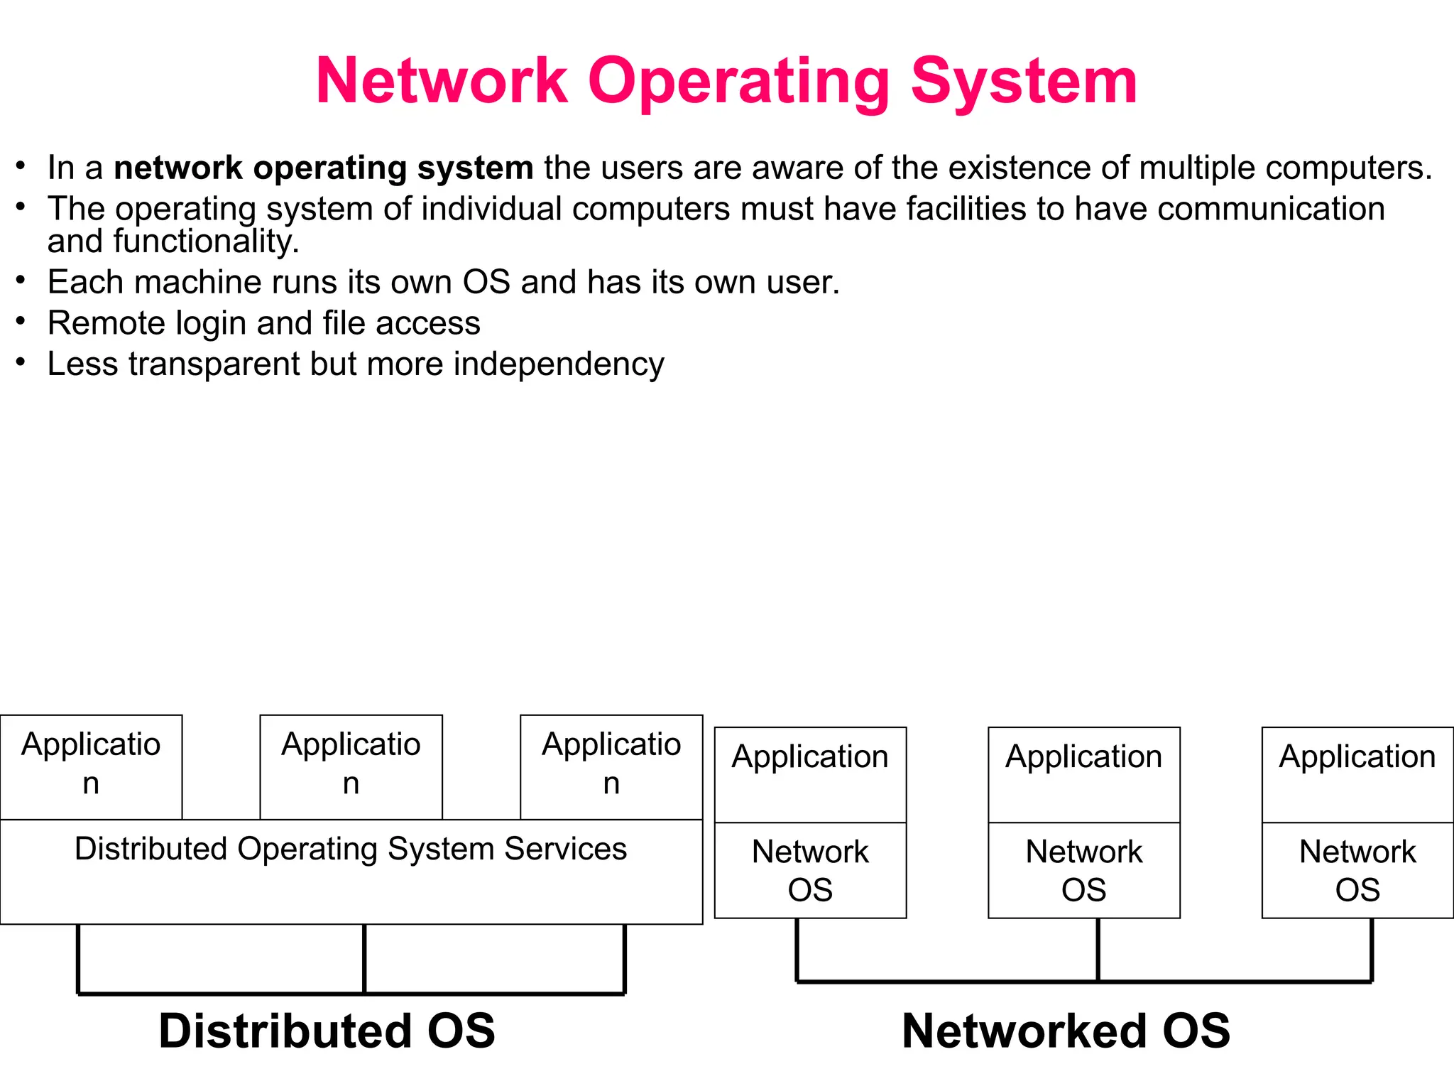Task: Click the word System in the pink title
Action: pyautogui.click(x=1024, y=82)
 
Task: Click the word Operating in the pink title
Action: pyautogui.click(x=738, y=82)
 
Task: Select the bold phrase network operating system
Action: pyautogui.click(x=323, y=168)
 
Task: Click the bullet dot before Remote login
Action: pyautogui.click(x=21, y=322)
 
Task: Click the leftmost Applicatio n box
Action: pyautogui.click(x=91, y=766)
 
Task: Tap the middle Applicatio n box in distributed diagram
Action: pyautogui.click(x=351, y=766)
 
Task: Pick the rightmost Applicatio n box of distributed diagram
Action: pyautogui.click(x=611, y=766)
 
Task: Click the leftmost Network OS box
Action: pyautogui.click(x=810, y=870)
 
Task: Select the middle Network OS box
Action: pyautogui.click(x=1083, y=870)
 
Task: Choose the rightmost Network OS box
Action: pyautogui.click(x=1357, y=870)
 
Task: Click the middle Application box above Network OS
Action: pyautogui.click(x=1083, y=774)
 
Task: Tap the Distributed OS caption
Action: pyautogui.click(x=327, y=1031)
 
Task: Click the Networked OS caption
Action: pyautogui.click(x=1066, y=1031)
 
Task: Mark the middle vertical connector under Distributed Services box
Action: pyautogui.click(x=364, y=958)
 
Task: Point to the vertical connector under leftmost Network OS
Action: pyautogui.click(x=797, y=950)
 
